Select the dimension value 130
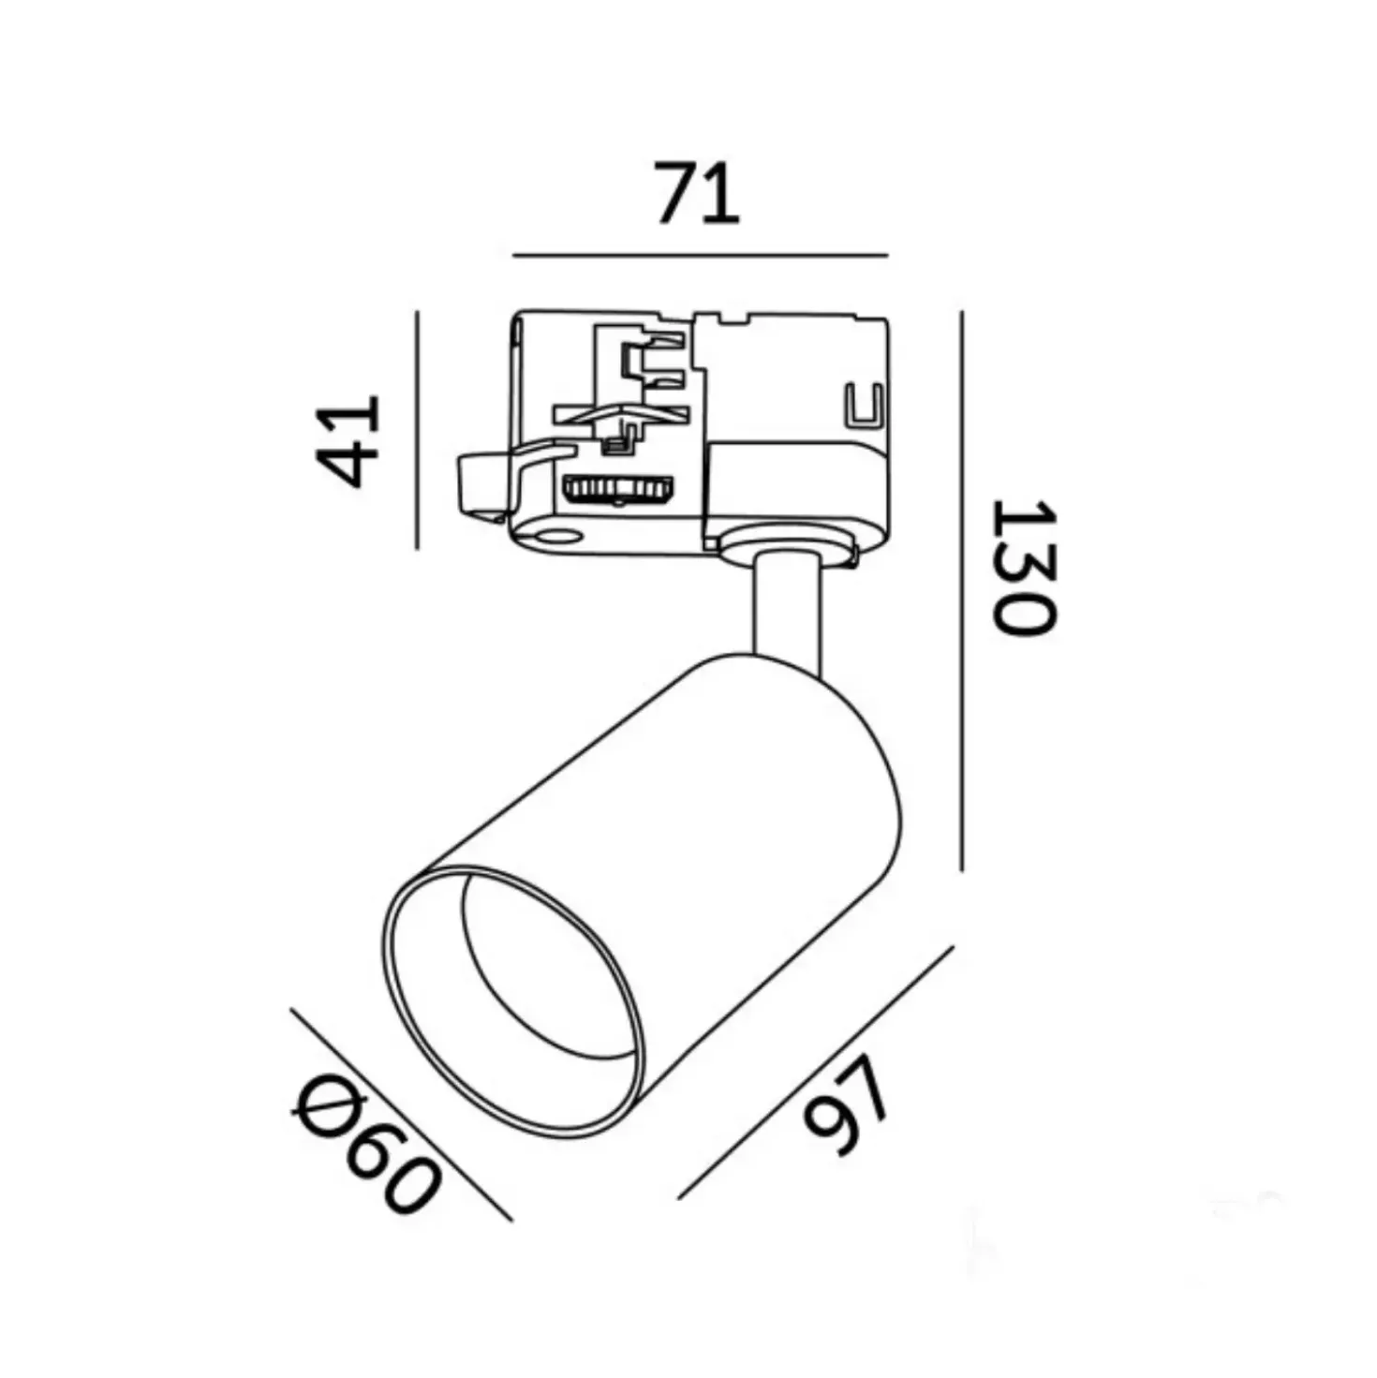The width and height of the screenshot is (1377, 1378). tap(1023, 567)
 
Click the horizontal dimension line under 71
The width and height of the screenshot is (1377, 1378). tap(701, 256)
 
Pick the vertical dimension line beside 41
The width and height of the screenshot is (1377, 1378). tap(417, 429)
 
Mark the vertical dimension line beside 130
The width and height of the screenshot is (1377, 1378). tap(961, 591)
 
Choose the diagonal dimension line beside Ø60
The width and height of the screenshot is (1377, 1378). tap(401, 1115)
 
